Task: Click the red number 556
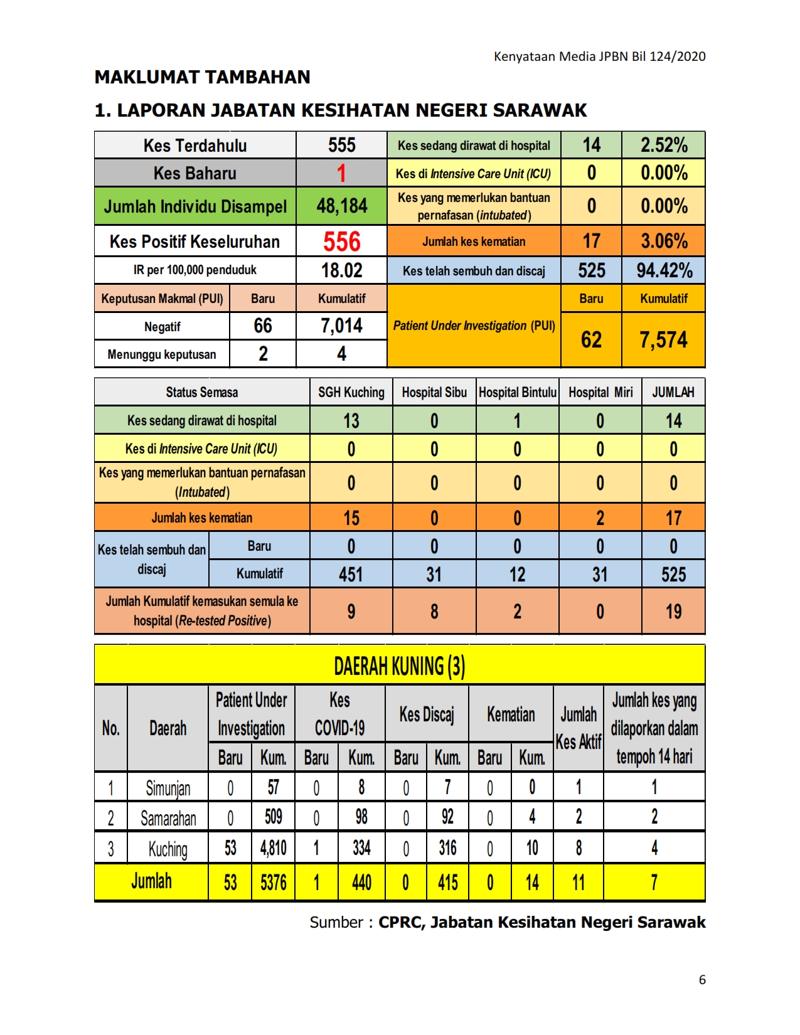point(341,242)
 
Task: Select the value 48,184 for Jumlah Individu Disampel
point(341,206)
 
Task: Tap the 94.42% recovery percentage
point(664,270)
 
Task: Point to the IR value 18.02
point(341,270)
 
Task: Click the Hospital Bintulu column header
point(518,393)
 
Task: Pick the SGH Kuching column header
point(351,393)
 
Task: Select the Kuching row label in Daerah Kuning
point(168,849)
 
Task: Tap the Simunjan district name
point(168,788)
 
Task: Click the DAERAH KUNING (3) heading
point(399,666)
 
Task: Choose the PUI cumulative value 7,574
point(663,340)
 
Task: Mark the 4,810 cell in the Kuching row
point(273,849)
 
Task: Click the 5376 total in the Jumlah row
point(273,883)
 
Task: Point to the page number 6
point(702,980)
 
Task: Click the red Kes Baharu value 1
point(341,173)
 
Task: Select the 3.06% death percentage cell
point(664,241)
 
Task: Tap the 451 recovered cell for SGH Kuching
point(351,574)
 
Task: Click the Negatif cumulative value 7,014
point(341,326)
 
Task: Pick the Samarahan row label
point(168,818)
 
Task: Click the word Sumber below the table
point(336,922)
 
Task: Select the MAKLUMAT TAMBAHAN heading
point(202,77)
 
